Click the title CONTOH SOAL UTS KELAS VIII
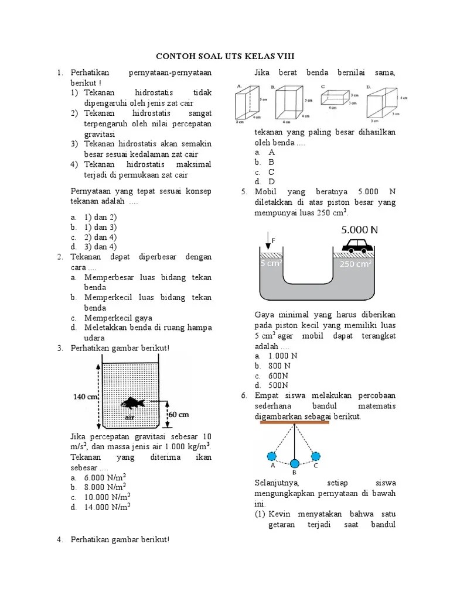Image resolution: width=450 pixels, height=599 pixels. [x=224, y=56]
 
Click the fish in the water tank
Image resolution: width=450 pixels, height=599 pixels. [x=134, y=402]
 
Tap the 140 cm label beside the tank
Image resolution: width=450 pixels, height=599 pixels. [x=84, y=396]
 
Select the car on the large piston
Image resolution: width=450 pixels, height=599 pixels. [x=357, y=245]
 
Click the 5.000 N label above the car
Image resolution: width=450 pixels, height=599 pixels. [x=360, y=229]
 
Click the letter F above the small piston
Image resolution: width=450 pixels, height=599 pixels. [x=273, y=239]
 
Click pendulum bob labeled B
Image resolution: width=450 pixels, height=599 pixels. [x=294, y=464]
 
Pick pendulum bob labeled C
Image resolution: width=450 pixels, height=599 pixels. [x=316, y=456]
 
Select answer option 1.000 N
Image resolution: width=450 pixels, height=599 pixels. [x=282, y=356]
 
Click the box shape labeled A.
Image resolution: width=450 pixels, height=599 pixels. [x=246, y=104]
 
